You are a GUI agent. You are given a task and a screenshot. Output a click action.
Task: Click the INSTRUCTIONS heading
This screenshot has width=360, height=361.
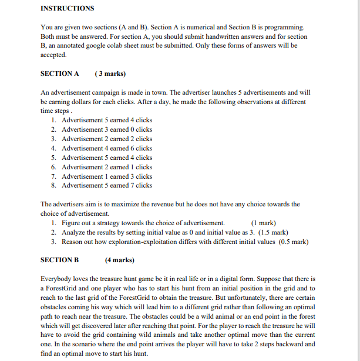pos(67,8)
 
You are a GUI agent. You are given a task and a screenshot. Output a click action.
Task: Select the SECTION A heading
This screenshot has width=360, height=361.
pos(59,74)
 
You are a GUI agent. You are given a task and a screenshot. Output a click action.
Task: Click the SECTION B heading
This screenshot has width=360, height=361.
pos(59,260)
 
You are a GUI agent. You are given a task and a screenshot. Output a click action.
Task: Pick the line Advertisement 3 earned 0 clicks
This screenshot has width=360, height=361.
pos(106,129)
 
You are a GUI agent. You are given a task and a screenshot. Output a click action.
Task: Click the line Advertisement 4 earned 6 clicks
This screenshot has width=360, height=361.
pos(106,148)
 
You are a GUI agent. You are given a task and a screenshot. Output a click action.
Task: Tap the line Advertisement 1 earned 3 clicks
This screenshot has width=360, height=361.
pos(106,176)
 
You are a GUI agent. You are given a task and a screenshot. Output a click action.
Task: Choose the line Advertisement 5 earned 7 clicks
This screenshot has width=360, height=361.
pos(106,185)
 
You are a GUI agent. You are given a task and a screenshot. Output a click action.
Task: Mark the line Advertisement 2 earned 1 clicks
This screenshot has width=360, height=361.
pos(106,167)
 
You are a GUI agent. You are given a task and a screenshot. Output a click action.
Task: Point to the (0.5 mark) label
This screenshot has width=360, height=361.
pos(294,242)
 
